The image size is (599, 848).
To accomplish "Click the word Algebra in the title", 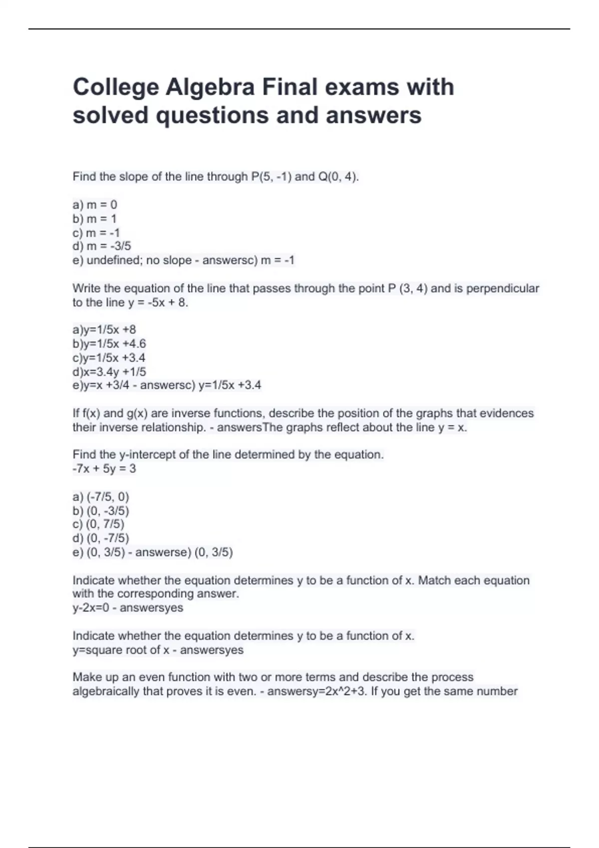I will pyautogui.click(x=210, y=87).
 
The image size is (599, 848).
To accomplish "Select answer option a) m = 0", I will pyautogui.click(x=95, y=205).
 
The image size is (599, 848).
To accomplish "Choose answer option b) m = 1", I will pyautogui.click(x=94, y=218).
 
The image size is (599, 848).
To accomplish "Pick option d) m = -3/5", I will pyautogui.click(x=102, y=246).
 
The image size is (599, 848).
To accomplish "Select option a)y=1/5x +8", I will pyautogui.click(x=104, y=330).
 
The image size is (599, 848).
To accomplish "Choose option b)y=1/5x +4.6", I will pyautogui.click(x=109, y=344).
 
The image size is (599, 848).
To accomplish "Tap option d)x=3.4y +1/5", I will pyautogui.click(x=109, y=372).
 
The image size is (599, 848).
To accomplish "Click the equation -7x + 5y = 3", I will pyautogui.click(x=104, y=468).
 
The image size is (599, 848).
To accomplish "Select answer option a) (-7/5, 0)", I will pyautogui.click(x=101, y=497).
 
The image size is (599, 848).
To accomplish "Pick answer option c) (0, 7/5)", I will pyautogui.click(x=98, y=524).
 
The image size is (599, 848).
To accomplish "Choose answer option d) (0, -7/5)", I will pyautogui.click(x=101, y=538).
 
